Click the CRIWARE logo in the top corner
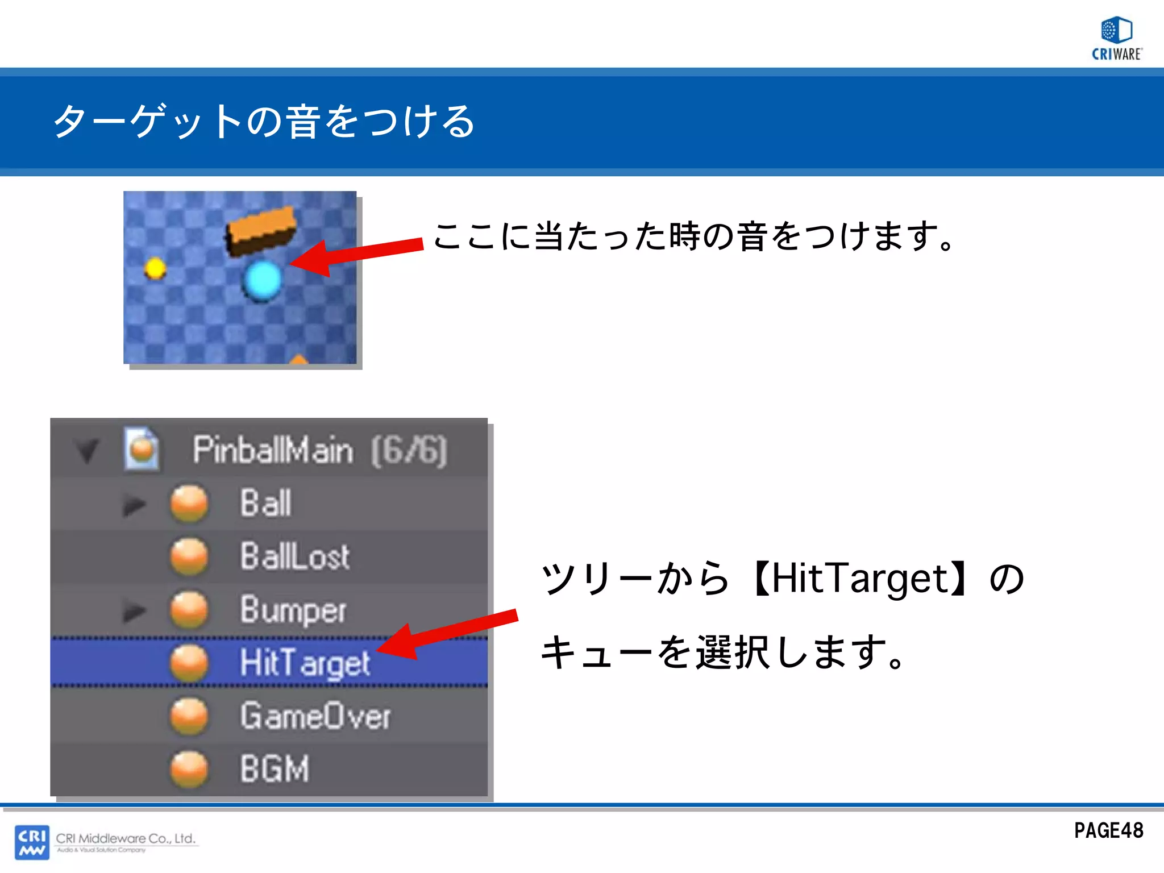1116,38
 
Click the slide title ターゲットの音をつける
264,122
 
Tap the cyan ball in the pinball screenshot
262,280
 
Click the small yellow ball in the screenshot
155,268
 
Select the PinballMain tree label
273,450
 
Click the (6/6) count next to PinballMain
409,451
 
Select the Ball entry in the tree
265,504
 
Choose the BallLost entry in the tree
294,556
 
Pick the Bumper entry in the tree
293,610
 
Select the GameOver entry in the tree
315,716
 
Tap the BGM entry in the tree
275,769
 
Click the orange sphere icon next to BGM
189,769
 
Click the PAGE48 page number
1108,831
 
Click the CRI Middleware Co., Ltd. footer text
126,838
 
